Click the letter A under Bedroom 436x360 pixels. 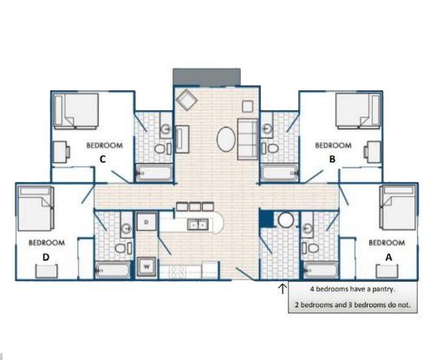click(x=389, y=258)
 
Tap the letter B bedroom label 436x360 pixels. click(x=332, y=160)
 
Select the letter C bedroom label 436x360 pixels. click(x=102, y=160)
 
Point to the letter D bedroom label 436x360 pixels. click(x=46, y=258)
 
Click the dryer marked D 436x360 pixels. click(x=146, y=222)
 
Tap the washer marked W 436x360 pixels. click(x=146, y=266)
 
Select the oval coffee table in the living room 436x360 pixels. click(x=226, y=139)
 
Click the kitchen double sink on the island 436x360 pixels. click(x=198, y=225)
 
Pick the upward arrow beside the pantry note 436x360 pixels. click(x=283, y=288)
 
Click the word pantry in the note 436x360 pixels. click(x=383, y=289)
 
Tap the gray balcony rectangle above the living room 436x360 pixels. click(x=206, y=77)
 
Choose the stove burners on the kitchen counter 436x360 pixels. click(x=177, y=272)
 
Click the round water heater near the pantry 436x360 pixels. click(x=286, y=220)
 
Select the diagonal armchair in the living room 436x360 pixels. click(x=186, y=100)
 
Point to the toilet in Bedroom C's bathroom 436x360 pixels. click(x=159, y=149)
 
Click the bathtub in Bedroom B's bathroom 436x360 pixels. click(x=280, y=173)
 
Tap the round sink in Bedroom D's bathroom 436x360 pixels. click(x=126, y=229)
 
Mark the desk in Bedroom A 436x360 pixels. click(x=387, y=272)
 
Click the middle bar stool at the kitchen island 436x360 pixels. click(x=195, y=206)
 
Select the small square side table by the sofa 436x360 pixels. click(x=248, y=107)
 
